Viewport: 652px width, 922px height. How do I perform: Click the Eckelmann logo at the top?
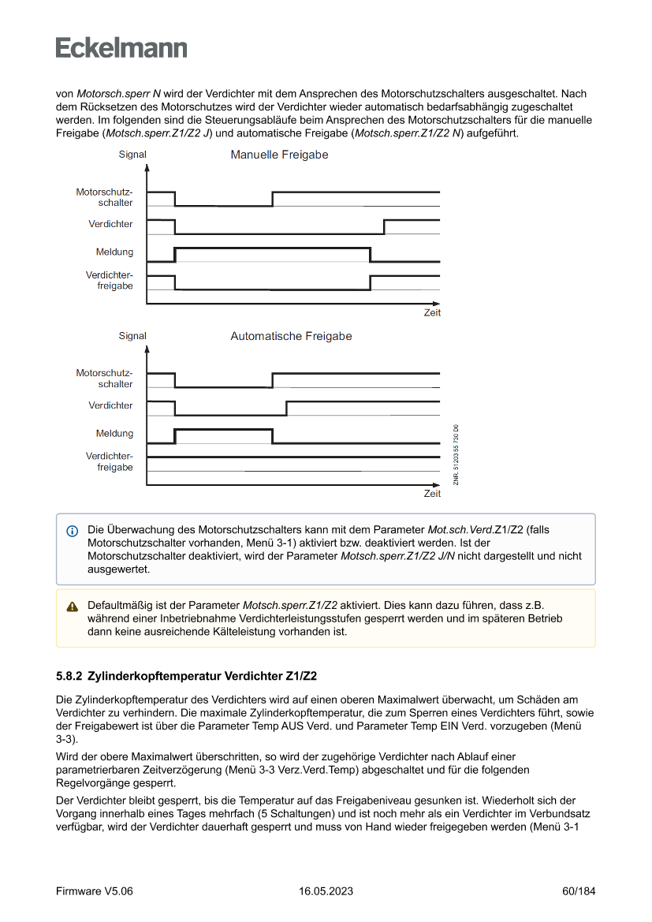[121, 47]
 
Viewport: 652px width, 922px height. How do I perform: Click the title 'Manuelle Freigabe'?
[279, 155]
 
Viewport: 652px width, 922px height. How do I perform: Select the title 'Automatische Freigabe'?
[291, 337]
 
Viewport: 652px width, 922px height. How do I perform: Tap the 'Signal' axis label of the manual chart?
[132, 155]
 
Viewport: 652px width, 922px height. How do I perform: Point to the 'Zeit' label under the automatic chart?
[432, 494]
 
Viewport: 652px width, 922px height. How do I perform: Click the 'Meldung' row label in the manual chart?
[115, 252]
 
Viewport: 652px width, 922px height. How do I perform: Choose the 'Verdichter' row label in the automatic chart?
[110, 405]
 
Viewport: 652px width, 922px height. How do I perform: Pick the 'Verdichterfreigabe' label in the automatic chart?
[110, 461]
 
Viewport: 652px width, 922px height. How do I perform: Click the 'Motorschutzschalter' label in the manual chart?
[105, 197]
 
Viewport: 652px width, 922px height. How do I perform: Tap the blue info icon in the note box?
[73, 530]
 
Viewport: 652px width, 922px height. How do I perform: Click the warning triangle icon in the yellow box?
[73, 607]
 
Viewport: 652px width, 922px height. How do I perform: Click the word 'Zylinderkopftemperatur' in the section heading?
[154, 676]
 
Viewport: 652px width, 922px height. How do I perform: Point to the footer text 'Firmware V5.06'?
[95, 891]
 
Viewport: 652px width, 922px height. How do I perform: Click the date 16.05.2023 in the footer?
[326, 891]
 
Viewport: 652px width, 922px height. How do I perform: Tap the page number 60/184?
[578, 891]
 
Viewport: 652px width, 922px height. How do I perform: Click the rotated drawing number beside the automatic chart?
[456, 455]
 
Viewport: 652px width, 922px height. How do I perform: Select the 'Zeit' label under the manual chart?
[432, 312]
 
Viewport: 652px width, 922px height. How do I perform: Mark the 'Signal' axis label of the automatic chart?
[132, 336]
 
